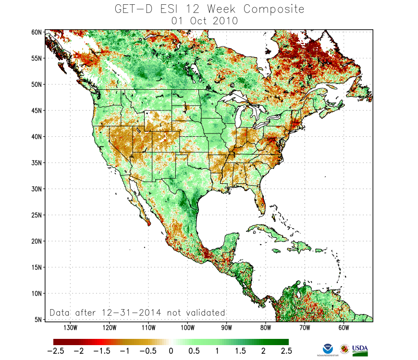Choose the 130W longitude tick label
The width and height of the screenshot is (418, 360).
tap(70, 328)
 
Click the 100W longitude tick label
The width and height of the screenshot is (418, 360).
tap(187, 328)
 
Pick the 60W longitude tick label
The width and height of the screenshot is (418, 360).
tap(343, 328)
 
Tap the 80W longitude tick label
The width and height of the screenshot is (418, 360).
tap(265, 328)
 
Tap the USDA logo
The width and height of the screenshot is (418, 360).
tap(360, 349)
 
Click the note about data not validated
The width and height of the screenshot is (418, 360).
tap(137, 312)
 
